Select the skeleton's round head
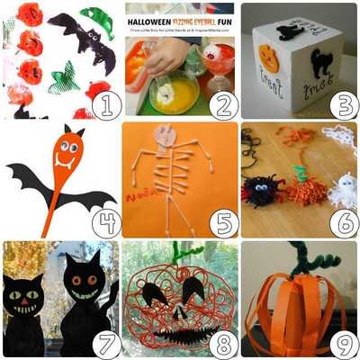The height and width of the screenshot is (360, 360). click(166, 135)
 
